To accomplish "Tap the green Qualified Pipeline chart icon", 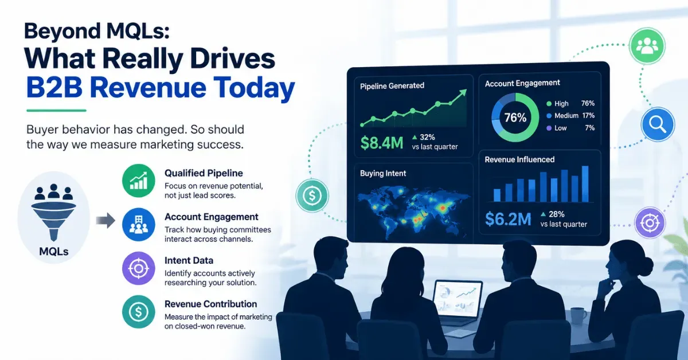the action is [139, 181].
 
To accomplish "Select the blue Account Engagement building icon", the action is [139, 225].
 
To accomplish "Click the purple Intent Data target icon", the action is [139, 268].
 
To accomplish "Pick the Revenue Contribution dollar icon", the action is [139, 312].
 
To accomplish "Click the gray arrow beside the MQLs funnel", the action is [105, 220].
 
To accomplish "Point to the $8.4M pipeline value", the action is [382, 143].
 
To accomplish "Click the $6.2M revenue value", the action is [508, 219].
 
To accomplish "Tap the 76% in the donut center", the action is [515, 118].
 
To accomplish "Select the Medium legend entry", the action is [562, 116].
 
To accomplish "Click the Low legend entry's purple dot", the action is [549, 128].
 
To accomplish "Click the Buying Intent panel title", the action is [383, 173].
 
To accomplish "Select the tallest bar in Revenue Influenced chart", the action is [585, 183].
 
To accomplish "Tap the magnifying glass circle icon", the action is [658, 124].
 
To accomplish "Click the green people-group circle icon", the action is [647, 46].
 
